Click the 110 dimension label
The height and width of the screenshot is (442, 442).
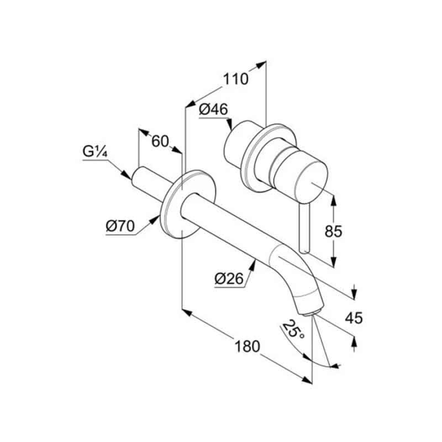[236, 79]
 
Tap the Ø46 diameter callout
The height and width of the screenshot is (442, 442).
[213, 110]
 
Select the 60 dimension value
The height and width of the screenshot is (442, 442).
[160, 141]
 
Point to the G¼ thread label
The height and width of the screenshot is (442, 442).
[95, 152]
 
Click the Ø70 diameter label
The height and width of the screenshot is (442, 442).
[120, 226]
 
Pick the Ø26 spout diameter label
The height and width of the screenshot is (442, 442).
[229, 279]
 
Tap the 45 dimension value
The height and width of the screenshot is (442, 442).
[354, 318]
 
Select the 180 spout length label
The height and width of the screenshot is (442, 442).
[247, 346]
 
